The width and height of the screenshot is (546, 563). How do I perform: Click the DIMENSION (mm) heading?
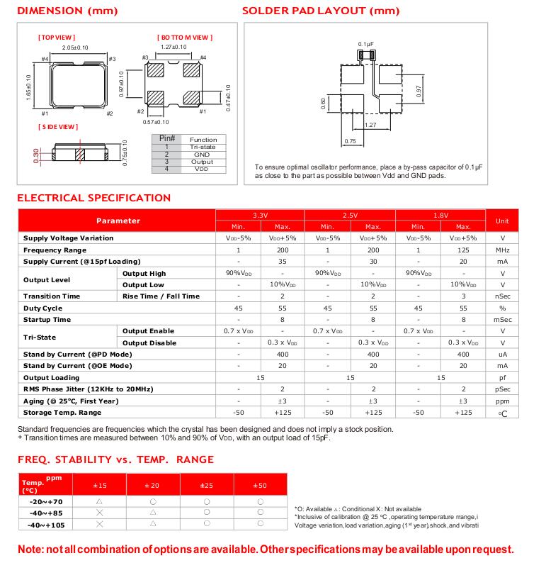coord(67,11)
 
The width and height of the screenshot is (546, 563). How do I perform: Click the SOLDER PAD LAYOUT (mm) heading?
coord(320,11)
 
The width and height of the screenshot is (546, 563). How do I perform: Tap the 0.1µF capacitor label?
coord(365,43)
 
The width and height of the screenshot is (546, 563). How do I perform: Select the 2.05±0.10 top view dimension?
coord(76,47)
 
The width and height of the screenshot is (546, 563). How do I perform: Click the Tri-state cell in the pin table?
coord(203,147)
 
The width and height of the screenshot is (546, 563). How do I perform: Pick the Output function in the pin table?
coord(203,162)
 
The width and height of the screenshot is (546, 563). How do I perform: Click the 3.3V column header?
coord(260,215)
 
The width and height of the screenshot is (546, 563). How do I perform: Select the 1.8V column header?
coord(441,215)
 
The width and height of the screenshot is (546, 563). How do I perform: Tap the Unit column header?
coord(502,221)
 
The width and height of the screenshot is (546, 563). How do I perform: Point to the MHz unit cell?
coord(502,250)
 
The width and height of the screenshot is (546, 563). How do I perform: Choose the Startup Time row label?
coord(47,320)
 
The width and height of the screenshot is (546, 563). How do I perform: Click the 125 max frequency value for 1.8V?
coord(463,250)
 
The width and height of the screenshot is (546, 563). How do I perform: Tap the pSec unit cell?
coord(502,389)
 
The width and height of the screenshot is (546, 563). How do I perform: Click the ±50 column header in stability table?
coord(260,485)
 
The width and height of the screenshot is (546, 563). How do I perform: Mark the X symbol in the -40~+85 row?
coord(99,512)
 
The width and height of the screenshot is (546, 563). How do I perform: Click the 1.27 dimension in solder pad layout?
coord(369,126)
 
